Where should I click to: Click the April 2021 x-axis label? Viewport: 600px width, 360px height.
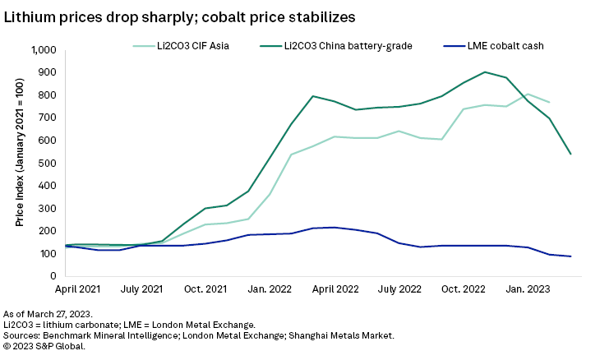(x=79, y=289)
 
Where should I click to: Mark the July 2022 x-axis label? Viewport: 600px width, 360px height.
(x=399, y=289)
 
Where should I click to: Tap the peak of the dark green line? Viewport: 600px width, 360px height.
(x=485, y=72)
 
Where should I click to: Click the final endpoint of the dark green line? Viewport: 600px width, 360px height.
(x=570, y=154)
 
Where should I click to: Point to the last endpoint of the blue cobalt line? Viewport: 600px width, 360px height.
(x=570, y=256)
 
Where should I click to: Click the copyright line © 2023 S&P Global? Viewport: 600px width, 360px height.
(x=44, y=346)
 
